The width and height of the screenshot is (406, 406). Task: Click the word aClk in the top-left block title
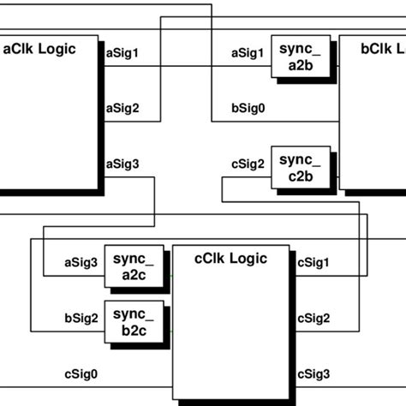(21, 49)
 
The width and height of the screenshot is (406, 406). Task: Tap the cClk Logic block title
(230, 259)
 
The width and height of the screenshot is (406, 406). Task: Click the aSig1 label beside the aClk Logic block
(122, 53)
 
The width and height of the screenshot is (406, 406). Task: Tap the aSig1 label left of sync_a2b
(248, 53)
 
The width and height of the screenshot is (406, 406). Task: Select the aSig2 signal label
(122, 108)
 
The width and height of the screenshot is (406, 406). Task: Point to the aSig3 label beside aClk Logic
(122, 164)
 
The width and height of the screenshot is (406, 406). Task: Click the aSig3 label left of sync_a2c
(82, 262)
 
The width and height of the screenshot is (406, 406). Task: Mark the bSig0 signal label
(248, 108)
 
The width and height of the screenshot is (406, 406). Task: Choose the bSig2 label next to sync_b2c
(82, 318)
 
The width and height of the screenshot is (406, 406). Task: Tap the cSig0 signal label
(82, 373)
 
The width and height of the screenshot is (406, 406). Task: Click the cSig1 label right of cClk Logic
(313, 262)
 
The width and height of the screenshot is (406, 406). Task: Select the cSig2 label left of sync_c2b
(248, 164)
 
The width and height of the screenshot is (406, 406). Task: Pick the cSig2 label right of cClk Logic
(313, 318)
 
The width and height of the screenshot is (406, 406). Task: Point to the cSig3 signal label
(313, 373)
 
